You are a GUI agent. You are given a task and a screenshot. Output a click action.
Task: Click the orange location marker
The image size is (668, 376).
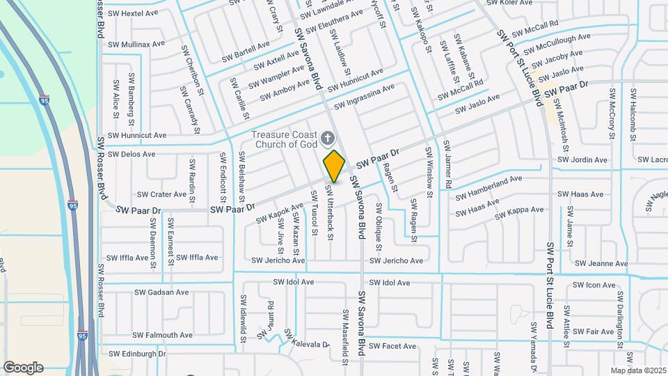[x=334, y=166]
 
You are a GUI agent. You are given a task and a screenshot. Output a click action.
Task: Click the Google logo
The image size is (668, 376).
[x=23, y=367]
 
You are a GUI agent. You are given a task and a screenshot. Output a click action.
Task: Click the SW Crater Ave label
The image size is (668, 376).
[x=161, y=195]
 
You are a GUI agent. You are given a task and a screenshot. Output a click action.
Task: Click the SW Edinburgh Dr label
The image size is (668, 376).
[x=137, y=354]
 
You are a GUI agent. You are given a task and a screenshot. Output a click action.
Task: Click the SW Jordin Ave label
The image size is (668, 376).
[x=583, y=160]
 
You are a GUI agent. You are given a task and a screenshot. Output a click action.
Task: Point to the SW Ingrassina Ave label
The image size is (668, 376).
[x=364, y=97]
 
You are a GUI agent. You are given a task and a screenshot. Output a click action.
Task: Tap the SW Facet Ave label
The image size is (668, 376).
[x=392, y=346]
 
